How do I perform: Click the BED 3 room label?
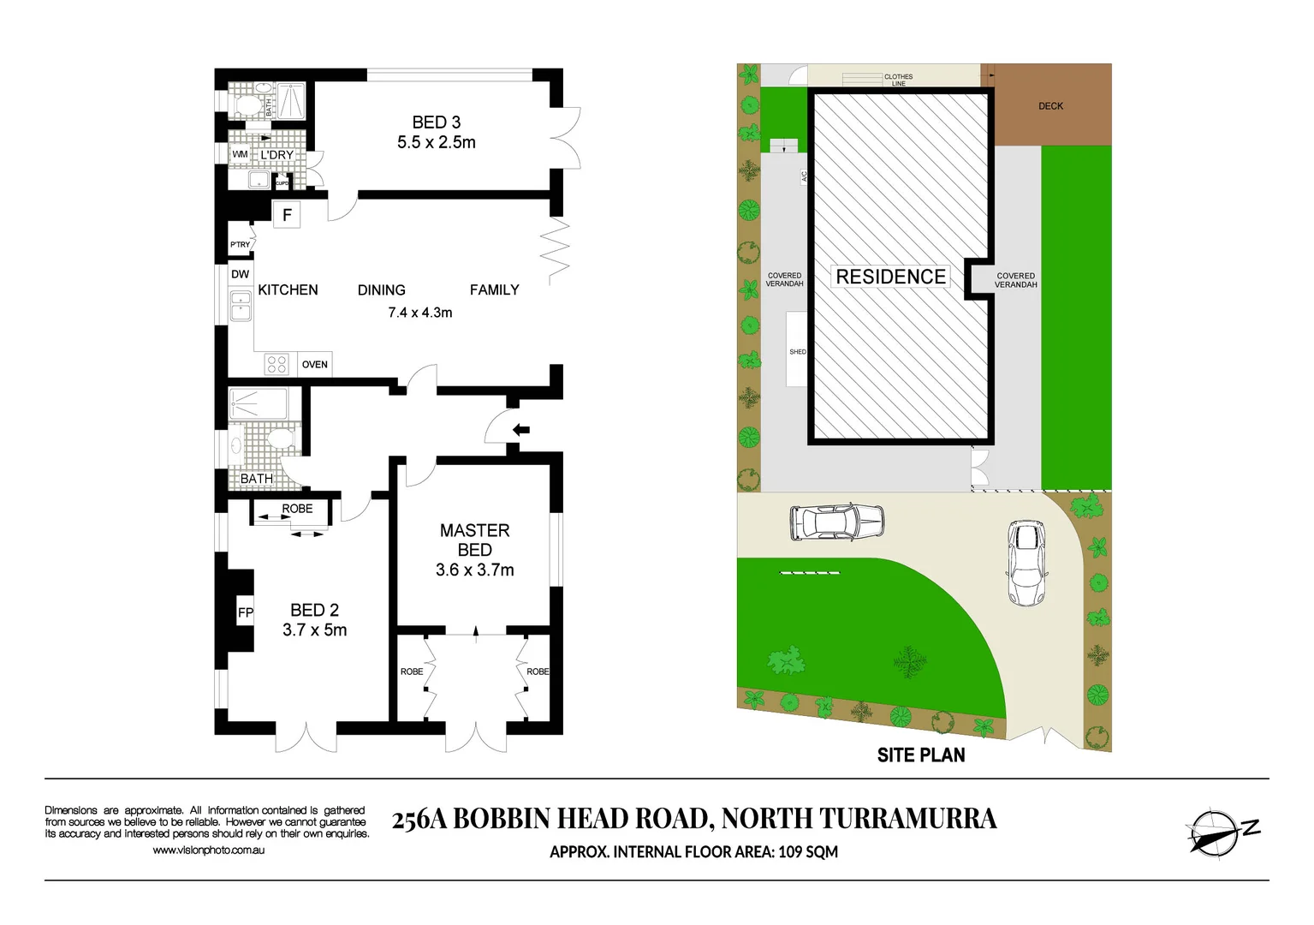[436, 122]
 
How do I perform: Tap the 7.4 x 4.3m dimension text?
[419, 313]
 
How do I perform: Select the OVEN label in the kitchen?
[314, 365]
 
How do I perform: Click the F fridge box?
[287, 215]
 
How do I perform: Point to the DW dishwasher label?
[240, 275]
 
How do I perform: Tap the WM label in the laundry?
[240, 155]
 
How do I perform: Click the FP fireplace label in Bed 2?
[246, 612]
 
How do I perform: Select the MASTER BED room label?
[474, 540]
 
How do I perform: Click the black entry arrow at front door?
[520, 430]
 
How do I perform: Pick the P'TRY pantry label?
[240, 245]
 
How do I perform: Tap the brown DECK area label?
[1050, 106]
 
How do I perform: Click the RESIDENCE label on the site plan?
[890, 277]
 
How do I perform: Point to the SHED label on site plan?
[797, 352]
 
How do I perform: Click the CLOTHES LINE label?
[898, 80]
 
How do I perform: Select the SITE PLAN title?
[920, 755]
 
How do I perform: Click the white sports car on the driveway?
[1026, 563]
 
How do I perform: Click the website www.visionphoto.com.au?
[208, 850]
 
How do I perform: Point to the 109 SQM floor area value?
[808, 852]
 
